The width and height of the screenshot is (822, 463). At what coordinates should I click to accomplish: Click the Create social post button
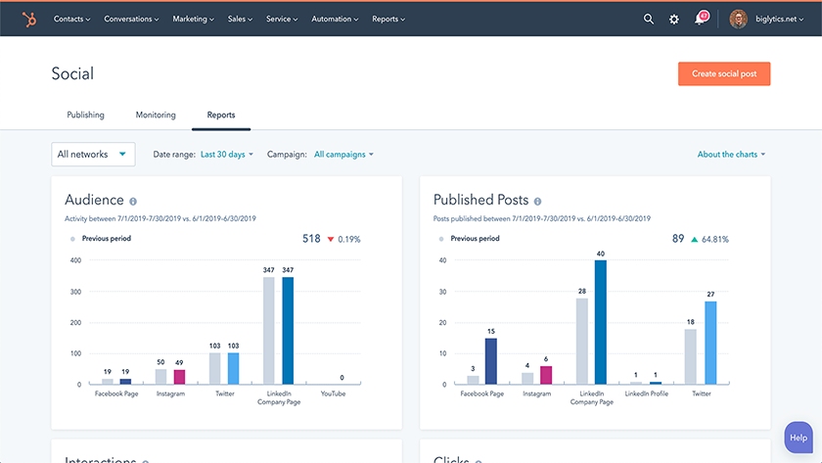pos(723,74)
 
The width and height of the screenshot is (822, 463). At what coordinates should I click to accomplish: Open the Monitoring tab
pos(156,115)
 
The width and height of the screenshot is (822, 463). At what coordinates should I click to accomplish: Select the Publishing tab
pos(85,115)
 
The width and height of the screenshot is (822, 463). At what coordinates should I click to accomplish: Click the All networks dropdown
pos(93,154)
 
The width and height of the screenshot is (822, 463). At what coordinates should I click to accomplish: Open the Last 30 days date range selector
pos(226,155)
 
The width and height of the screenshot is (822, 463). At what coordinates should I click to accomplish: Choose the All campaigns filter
pos(343,155)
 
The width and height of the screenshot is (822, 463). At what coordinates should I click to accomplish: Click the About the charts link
pos(731,155)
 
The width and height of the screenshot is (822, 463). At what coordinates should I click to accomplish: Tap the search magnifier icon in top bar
pos(649,19)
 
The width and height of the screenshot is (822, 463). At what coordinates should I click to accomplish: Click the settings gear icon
pos(674,19)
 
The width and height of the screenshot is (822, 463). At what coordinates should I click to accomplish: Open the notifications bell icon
pos(701,19)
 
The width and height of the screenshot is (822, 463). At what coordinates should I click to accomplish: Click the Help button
pos(799,438)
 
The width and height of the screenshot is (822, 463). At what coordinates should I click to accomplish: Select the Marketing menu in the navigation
pos(193,19)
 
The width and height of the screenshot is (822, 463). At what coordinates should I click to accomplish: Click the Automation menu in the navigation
pos(335,19)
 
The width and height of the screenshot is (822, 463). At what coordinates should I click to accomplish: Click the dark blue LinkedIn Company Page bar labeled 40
pos(600,322)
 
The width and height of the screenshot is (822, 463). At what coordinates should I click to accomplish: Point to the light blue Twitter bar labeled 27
pos(710,343)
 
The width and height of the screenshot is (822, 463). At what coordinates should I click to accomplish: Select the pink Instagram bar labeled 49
pos(179,377)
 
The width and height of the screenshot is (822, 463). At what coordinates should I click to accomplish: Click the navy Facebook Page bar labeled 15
pos(491,361)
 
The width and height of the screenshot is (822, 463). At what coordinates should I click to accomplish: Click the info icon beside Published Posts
pos(537,201)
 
